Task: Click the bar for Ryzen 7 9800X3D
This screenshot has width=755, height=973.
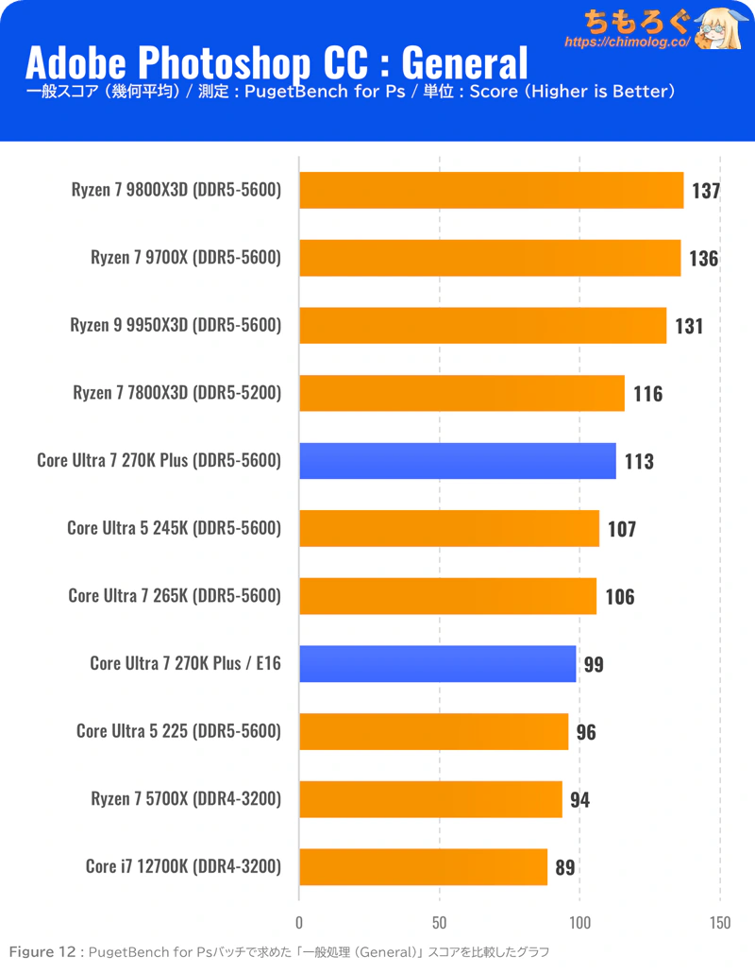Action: (x=491, y=190)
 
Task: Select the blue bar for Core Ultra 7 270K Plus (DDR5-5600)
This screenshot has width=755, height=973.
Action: (x=458, y=461)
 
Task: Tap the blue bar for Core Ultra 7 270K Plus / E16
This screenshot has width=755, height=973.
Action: (x=438, y=664)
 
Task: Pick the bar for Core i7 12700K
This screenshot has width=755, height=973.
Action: (x=424, y=867)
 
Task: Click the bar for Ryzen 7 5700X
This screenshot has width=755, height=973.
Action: (x=430, y=799)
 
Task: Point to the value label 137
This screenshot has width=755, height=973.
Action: (x=706, y=191)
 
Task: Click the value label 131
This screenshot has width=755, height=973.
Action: (x=689, y=326)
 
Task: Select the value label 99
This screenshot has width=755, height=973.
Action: (x=594, y=664)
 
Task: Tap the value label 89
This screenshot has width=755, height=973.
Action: (x=565, y=867)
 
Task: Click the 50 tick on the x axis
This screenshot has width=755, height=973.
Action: (x=440, y=922)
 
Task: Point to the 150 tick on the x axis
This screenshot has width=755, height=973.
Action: (x=719, y=922)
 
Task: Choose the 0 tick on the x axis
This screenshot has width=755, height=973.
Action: (x=299, y=922)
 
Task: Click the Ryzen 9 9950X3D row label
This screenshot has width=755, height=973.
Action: (x=176, y=325)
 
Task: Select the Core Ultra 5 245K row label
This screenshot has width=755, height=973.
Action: (x=175, y=528)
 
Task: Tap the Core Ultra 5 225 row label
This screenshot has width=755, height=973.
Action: (x=178, y=731)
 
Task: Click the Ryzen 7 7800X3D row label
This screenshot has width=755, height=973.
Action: (x=177, y=393)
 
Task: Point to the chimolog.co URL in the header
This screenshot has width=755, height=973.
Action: (x=627, y=43)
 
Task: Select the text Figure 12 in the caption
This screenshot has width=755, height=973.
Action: (x=42, y=951)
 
